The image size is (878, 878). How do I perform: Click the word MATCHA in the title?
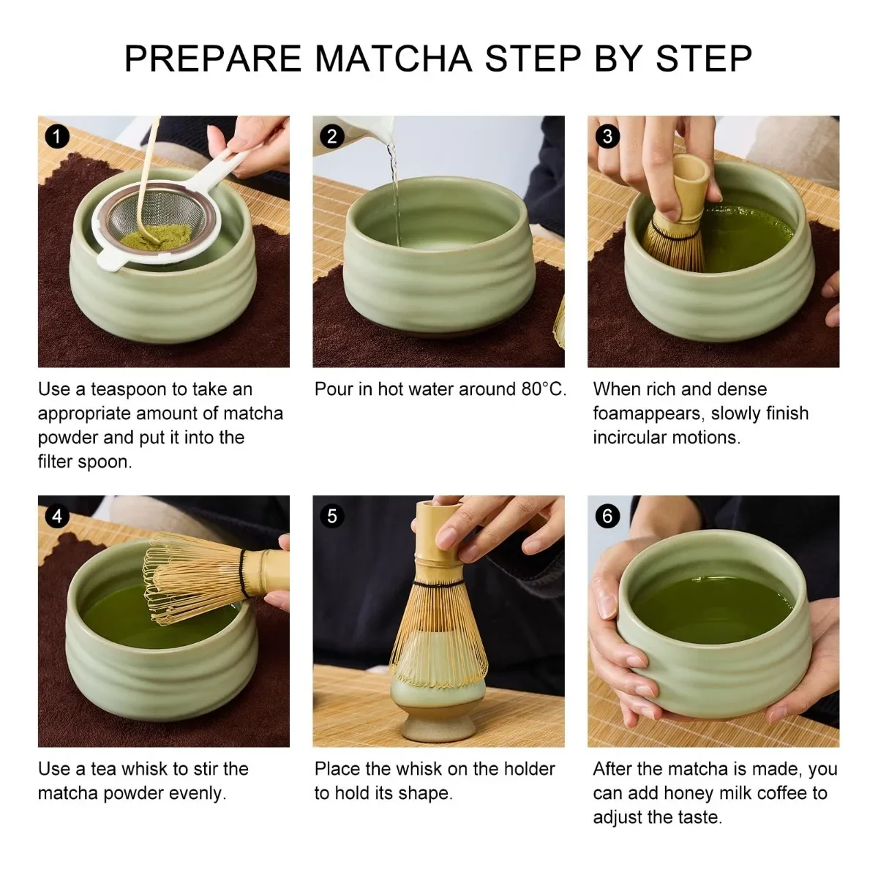394,59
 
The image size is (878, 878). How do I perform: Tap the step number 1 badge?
57,136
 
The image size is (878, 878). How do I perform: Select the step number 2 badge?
331,136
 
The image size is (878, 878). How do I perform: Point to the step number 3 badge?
607,136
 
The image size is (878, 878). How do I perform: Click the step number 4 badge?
57,517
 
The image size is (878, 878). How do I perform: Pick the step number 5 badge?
331,517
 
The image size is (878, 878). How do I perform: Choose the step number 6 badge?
607,517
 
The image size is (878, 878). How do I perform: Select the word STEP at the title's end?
703,59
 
